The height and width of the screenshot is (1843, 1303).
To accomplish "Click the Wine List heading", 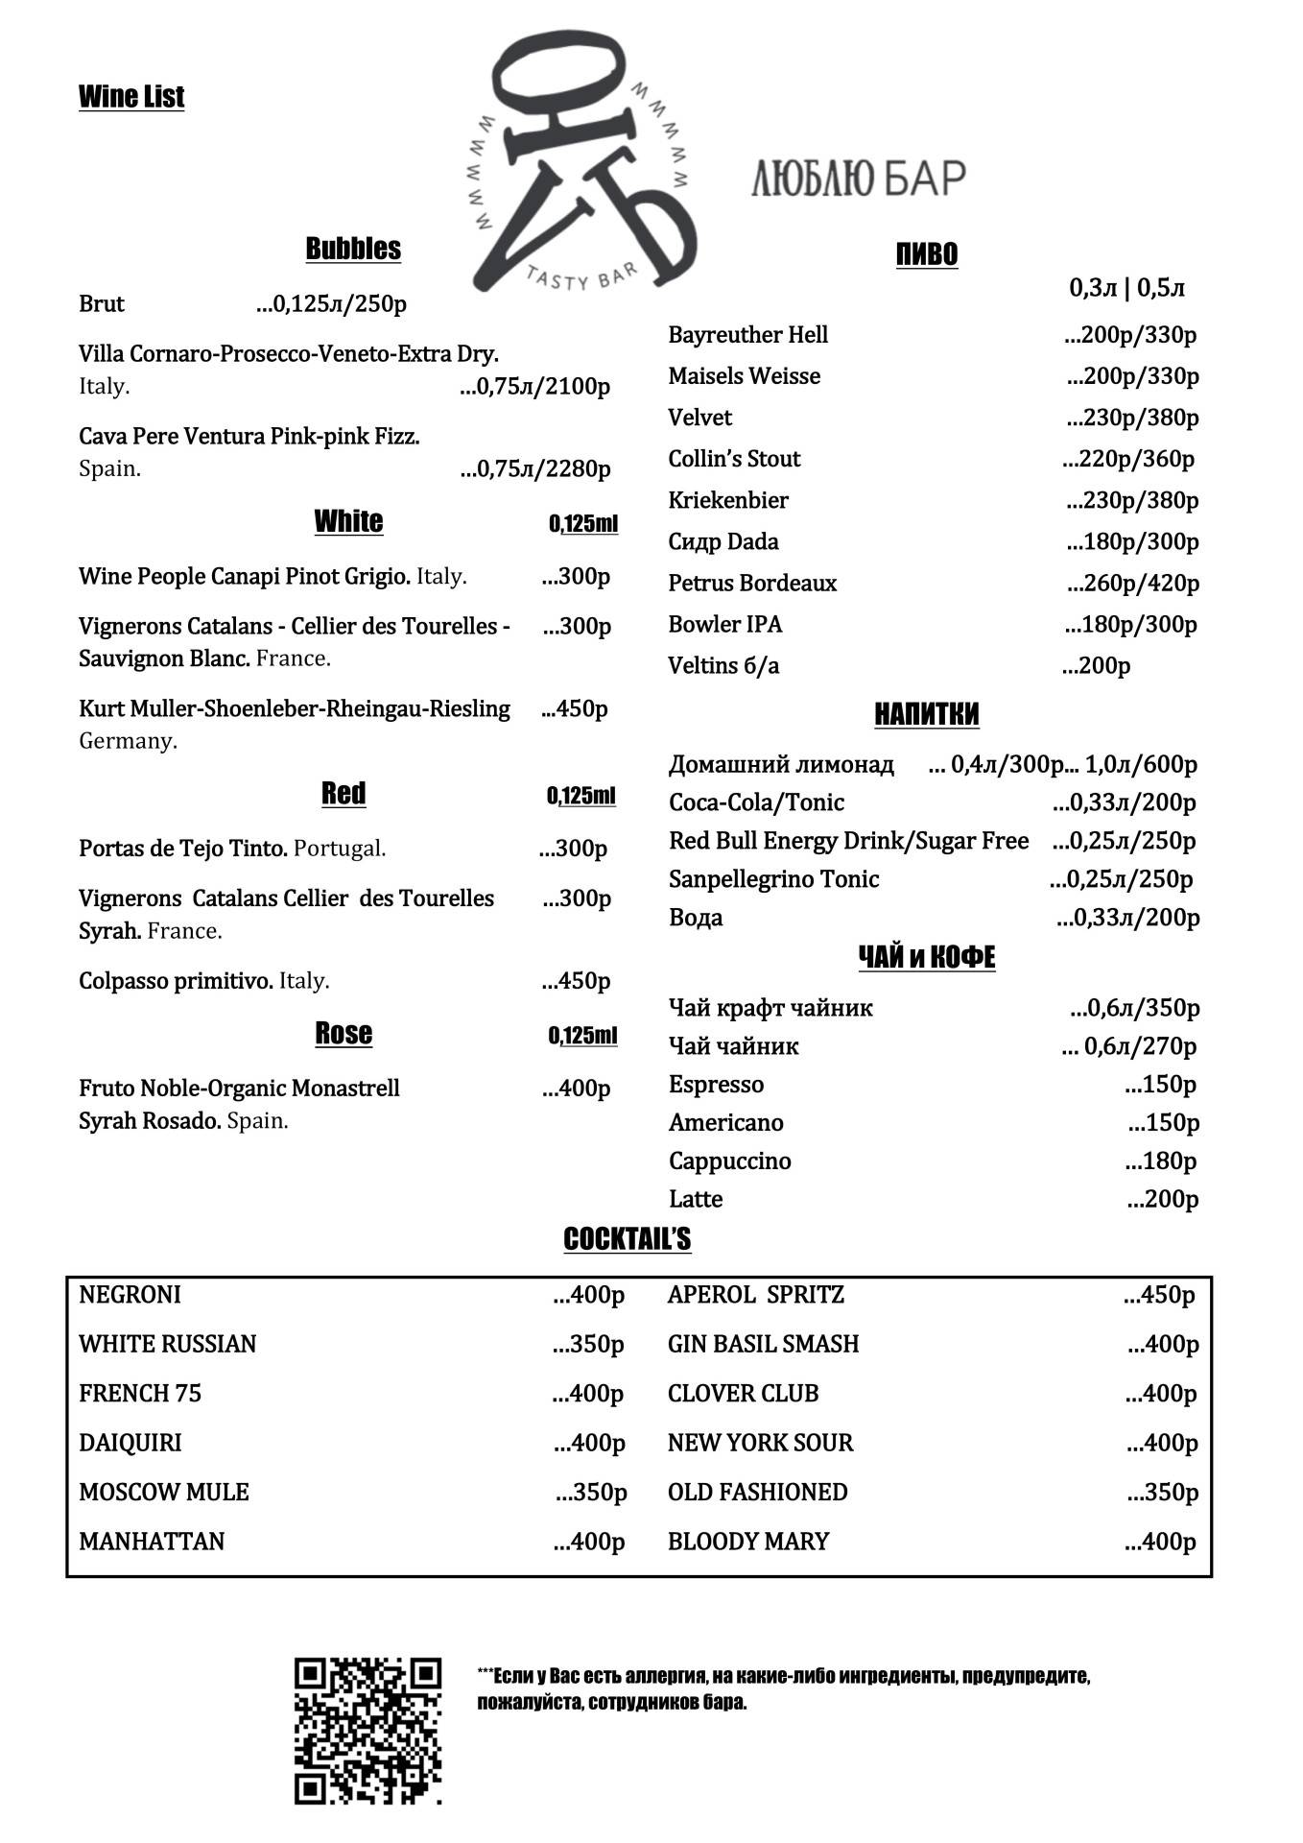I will click(131, 97).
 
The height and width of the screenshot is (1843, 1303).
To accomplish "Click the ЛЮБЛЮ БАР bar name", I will click(858, 179).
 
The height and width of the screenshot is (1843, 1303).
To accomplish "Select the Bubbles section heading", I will click(353, 249).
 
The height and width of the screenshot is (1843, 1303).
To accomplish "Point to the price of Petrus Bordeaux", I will click(1133, 584).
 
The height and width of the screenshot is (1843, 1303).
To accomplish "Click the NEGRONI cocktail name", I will click(130, 1295).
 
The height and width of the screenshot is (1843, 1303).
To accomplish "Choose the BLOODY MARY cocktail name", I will click(748, 1542).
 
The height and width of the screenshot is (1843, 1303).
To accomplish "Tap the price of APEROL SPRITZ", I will click(1160, 1295).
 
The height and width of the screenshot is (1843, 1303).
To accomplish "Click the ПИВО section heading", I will click(927, 254).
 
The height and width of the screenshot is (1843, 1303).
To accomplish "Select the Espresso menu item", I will click(717, 1085).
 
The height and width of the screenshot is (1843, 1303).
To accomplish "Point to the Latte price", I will click(1163, 1199).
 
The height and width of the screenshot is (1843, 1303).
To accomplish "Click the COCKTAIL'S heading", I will click(628, 1239).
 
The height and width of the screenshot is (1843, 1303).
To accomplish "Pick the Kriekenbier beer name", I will click(728, 501).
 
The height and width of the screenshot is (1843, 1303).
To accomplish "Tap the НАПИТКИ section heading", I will click(927, 714).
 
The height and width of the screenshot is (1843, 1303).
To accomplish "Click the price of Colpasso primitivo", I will click(576, 981).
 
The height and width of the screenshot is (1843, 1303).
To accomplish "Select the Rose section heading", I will click(344, 1034).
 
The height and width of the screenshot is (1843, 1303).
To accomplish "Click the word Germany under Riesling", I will click(128, 741).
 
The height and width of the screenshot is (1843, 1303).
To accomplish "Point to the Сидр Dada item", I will click(723, 542).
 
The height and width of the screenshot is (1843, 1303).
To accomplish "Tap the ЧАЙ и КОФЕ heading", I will click(927, 957).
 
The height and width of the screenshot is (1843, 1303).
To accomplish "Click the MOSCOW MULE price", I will click(591, 1493).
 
